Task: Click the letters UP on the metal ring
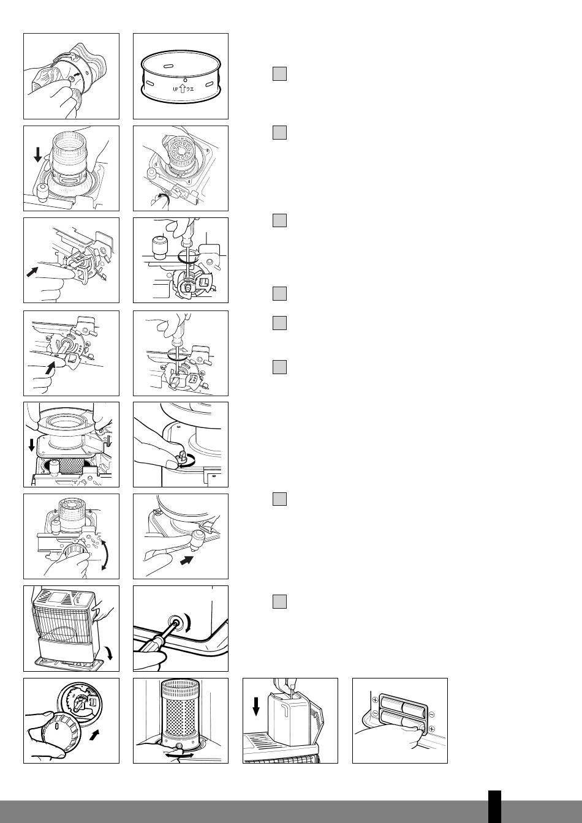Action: click(175, 89)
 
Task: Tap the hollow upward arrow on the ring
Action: click(183, 88)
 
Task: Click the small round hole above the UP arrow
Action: click(185, 80)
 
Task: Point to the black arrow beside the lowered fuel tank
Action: click(256, 706)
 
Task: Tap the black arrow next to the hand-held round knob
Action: click(94, 735)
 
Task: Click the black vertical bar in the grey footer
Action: click(494, 806)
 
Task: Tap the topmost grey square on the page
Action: click(279, 74)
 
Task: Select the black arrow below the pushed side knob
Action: click(187, 560)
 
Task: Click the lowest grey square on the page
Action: click(279, 601)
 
